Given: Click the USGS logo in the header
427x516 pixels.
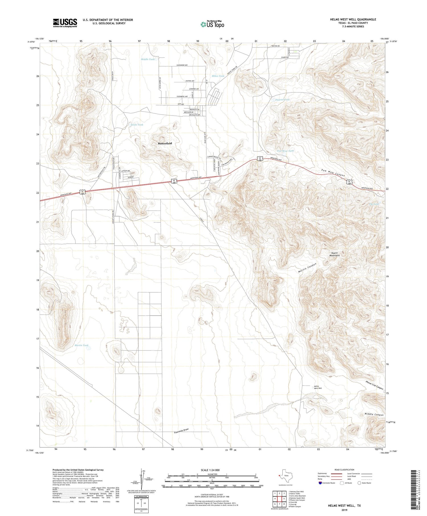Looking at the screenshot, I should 65,23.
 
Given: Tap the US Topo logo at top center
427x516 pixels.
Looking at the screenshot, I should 212,24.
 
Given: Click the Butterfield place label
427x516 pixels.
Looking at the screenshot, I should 165,143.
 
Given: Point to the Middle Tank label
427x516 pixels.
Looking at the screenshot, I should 148,59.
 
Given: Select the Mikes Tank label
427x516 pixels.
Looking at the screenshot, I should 218,76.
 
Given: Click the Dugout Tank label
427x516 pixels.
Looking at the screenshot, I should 282,100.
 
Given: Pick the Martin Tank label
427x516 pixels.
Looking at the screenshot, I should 81,345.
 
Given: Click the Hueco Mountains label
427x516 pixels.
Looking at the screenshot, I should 334,254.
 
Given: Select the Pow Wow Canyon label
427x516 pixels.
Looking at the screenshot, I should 333,173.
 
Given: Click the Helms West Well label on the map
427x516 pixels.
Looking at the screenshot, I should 318,387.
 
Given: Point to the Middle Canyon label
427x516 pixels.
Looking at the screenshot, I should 374,415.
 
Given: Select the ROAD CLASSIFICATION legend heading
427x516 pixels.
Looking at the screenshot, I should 344,470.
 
